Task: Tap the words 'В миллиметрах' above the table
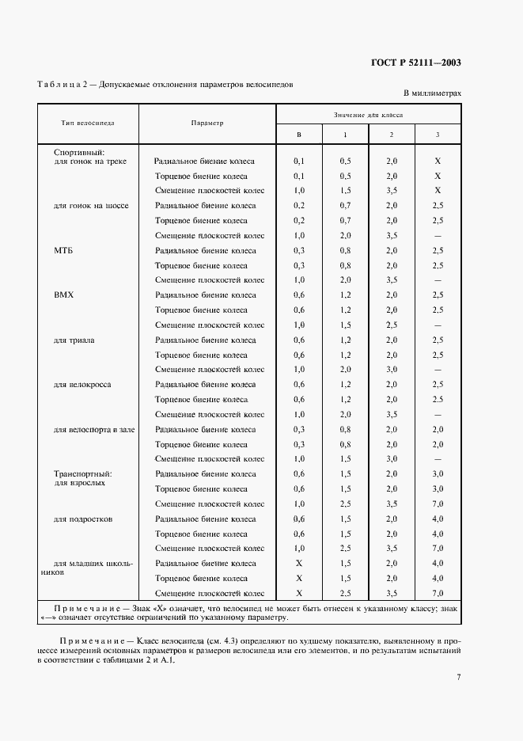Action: click(432, 93)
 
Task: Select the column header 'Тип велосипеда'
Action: click(88, 123)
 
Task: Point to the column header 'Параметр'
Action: click(207, 123)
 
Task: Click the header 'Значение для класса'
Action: click(368, 114)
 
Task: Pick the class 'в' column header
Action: click(299, 135)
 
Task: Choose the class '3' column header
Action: click(438, 135)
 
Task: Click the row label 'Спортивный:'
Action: click(79, 152)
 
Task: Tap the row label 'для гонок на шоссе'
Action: click(91, 206)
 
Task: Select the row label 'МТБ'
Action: click(63, 250)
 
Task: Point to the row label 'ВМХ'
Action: click(63, 295)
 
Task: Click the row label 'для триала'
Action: click(74, 340)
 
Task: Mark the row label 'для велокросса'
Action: click(82, 385)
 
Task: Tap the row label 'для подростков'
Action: click(83, 519)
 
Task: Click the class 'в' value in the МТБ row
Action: click(299, 251)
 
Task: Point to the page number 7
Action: click(459, 677)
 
